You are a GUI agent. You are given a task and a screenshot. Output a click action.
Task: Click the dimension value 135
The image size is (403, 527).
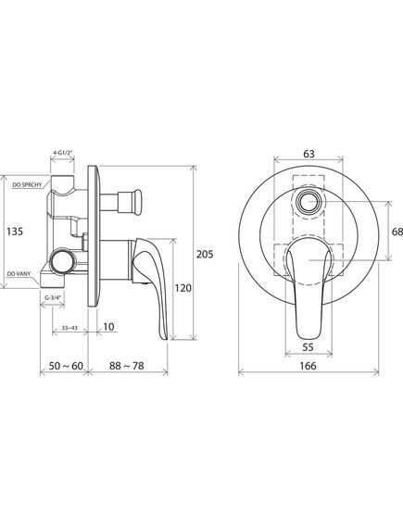pyautogui.click(x=15, y=232)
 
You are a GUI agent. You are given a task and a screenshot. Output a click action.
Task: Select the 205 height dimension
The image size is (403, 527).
pyautogui.click(x=205, y=254)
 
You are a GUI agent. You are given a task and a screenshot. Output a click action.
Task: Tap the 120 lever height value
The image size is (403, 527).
pyautogui.click(x=183, y=288)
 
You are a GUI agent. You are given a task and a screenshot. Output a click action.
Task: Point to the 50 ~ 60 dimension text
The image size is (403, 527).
pyautogui.click(x=66, y=366)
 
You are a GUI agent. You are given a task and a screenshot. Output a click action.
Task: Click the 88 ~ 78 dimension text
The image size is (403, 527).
pyautogui.click(x=127, y=366)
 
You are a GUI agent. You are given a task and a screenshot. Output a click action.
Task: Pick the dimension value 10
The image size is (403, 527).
pyautogui.click(x=108, y=326)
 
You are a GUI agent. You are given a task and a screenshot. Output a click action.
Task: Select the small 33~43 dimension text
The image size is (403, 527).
pyautogui.click(x=69, y=328)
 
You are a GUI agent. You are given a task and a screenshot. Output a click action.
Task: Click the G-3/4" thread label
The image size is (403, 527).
pyautogui.click(x=52, y=298)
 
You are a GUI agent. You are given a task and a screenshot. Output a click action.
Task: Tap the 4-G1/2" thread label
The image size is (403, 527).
pyautogui.click(x=62, y=152)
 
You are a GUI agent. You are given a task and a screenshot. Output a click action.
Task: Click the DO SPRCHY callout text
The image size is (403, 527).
pyautogui.click(x=27, y=184)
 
